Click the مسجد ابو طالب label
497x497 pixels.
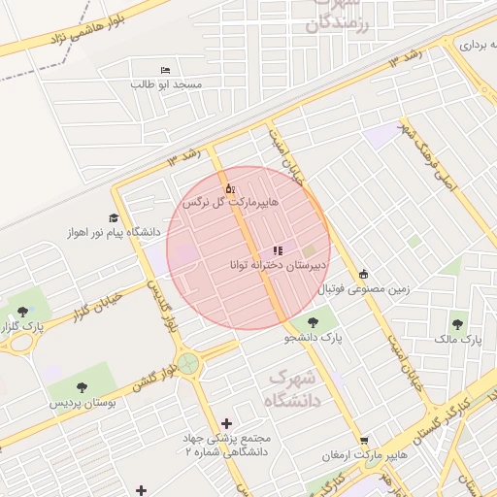click(x=167, y=85)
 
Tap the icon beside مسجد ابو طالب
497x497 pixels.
click(x=164, y=70)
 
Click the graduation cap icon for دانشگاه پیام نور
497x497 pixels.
click(x=114, y=218)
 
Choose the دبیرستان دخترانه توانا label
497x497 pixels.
click(x=279, y=264)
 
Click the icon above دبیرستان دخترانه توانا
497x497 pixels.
click(x=278, y=250)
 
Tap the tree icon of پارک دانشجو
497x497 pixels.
click(x=313, y=323)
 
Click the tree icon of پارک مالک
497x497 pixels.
click(x=457, y=324)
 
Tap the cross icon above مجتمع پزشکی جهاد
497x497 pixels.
click(x=227, y=422)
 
